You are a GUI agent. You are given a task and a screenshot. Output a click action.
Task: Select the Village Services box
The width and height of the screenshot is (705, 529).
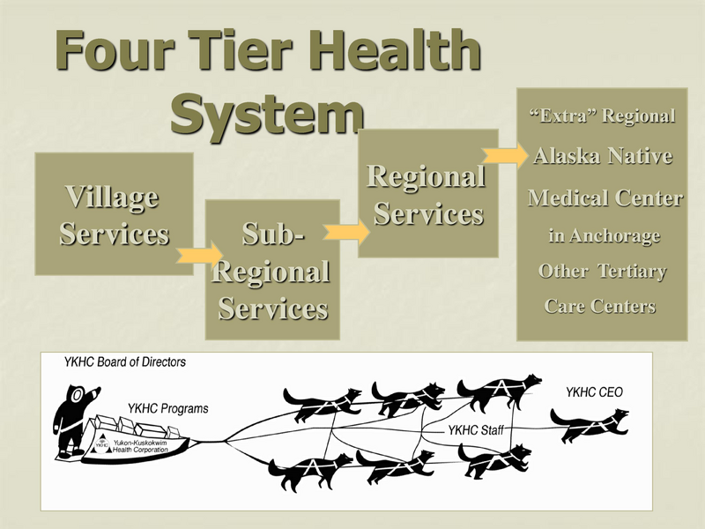114,214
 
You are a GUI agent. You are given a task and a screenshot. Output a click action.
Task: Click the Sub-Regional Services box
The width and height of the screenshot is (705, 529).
272,270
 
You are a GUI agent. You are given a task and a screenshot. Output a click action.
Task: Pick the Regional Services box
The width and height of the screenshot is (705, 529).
426,194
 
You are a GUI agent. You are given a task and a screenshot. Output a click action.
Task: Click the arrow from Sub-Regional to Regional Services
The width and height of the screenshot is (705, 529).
346,231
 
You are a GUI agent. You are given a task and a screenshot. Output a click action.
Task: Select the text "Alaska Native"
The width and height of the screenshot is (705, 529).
603,157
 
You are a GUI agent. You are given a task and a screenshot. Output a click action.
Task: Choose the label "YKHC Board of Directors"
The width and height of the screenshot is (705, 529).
124,362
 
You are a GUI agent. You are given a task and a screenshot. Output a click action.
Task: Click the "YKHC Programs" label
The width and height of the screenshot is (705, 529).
167,408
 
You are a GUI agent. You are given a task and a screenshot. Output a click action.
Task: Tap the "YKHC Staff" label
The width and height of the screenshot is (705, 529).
475,430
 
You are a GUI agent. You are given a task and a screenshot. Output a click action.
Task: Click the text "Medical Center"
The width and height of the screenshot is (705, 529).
605,198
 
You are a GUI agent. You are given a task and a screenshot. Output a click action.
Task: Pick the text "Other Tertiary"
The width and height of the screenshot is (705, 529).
602,272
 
